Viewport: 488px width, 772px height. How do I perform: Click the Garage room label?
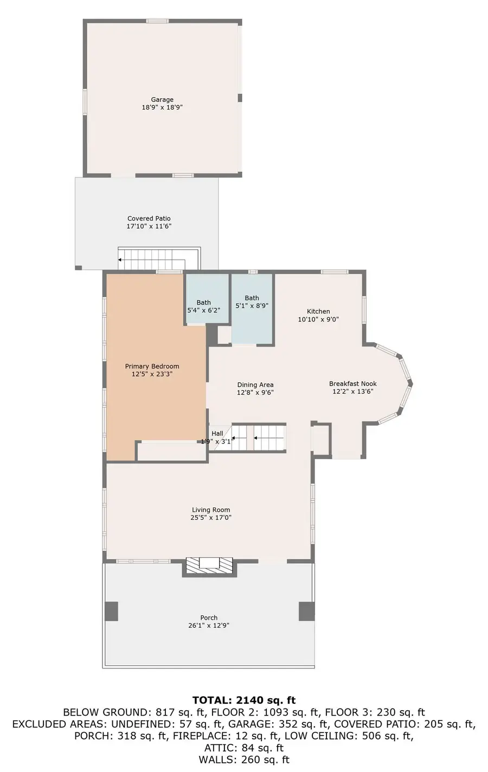[162, 100]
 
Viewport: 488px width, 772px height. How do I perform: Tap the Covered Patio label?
[149, 218]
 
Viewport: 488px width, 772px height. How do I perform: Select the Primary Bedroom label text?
[152, 366]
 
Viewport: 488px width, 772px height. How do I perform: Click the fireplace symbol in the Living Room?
[209, 565]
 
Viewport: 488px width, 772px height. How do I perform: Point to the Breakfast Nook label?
[352, 384]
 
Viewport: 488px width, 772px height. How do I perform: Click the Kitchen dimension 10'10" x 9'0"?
[318, 319]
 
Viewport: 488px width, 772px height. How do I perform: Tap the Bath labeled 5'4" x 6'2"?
[204, 306]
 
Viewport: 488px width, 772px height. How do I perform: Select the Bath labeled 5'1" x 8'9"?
[252, 302]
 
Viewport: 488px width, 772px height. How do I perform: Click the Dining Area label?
[255, 385]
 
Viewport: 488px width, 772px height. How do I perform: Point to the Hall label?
[217, 434]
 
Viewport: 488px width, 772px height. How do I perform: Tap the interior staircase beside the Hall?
[259, 437]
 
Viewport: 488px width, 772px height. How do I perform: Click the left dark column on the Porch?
[111, 611]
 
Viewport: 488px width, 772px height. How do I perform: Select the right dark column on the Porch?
[306, 611]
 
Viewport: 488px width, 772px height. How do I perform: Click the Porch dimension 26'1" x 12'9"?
[209, 625]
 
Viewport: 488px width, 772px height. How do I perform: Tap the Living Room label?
[211, 510]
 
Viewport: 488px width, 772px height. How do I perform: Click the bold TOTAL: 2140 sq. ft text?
[244, 700]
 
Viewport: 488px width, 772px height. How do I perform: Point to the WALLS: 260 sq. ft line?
[244, 760]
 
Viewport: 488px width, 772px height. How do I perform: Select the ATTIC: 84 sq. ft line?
[244, 748]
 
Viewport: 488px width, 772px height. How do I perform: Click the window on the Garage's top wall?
[157, 21]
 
